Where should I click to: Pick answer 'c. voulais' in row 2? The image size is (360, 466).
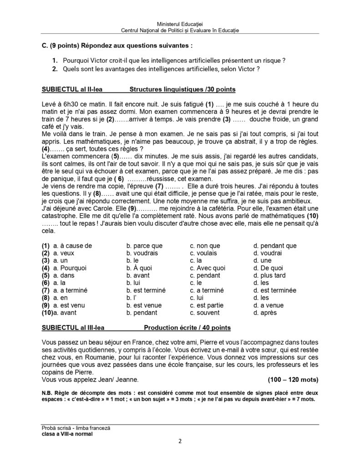pyautogui.click(x=203, y=253)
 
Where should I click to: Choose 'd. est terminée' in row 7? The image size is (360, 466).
pyautogui.click(x=275, y=290)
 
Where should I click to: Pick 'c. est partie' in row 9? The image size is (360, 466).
pyautogui.click(x=207, y=305)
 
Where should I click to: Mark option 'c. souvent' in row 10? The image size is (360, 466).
pyautogui.click(x=205, y=313)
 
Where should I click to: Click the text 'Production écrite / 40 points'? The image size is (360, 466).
pyautogui.click(x=187, y=328)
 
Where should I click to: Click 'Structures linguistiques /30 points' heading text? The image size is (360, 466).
pyautogui.click(x=183, y=89)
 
